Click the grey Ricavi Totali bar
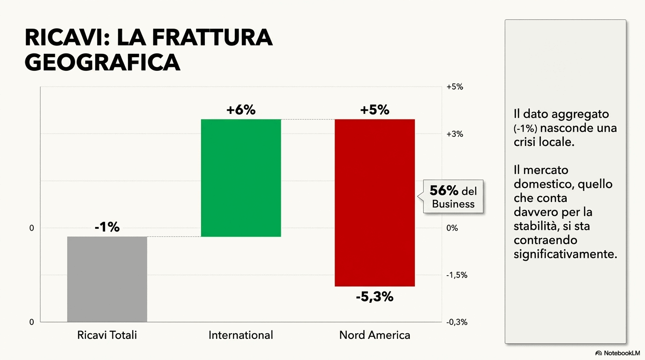coord(107,279)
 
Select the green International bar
coord(241,178)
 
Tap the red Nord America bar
coord(375,202)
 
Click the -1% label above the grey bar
coord(107,227)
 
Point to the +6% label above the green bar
coord(241,110)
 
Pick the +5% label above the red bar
coord(375,110)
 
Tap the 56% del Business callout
coord(453,197)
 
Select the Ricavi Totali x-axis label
coord(107,335)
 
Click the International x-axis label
coord(240,335)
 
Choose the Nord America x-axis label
coord(375,335)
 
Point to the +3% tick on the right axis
coord(454,134)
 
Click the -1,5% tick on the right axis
coord(457,275)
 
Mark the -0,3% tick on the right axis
coord(457,322)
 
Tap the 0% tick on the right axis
coord(452,228)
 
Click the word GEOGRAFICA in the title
coord(102,62)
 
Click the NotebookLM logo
coord(617,352)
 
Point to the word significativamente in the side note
coord(565,254)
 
